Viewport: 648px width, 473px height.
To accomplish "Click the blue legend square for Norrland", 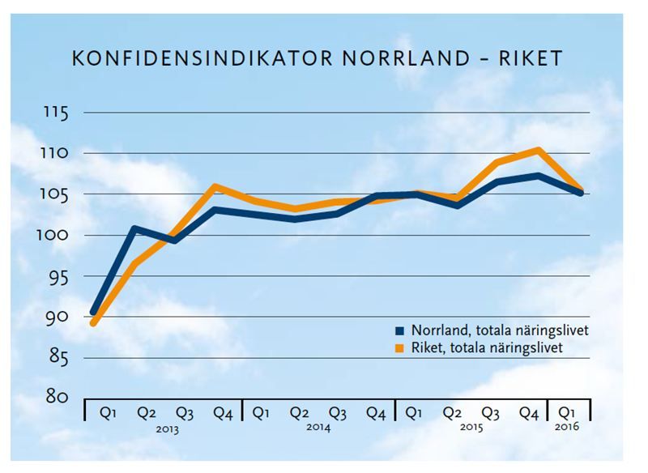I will coord(399,331).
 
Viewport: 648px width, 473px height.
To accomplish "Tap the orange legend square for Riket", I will coord(399,347).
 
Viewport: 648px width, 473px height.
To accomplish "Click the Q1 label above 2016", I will coord(569,412).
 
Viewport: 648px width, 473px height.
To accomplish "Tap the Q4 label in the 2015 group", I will coord(529,412).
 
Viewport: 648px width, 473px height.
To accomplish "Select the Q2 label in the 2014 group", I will coord(300,412).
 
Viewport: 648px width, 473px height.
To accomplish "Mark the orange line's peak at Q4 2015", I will coord(538,150).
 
